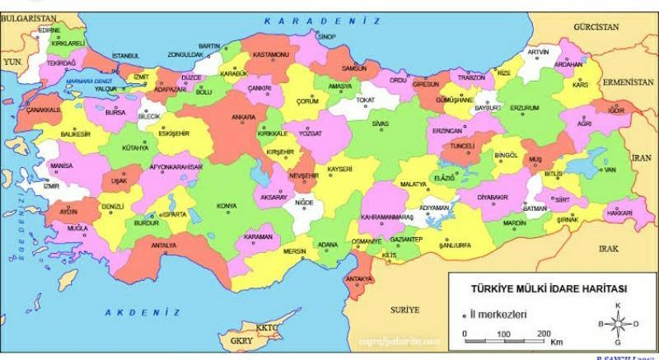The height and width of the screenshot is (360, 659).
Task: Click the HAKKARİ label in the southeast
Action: (x=619, y=213)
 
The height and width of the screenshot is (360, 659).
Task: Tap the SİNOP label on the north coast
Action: (x=328, y=37)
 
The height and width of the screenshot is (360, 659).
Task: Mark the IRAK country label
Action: (x=609, y=248)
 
